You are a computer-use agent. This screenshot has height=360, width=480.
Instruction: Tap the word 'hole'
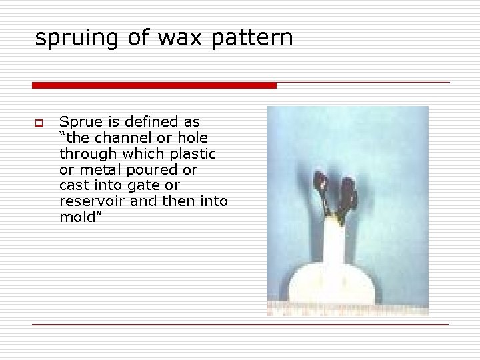coord(192,139)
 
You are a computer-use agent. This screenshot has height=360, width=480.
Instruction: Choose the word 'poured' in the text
coord(146,169)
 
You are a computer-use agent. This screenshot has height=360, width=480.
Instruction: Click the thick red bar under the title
coord(154,85)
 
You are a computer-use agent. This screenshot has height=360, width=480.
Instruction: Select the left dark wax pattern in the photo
coord(322,183)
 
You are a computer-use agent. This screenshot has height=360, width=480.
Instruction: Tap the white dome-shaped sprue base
coord(334,283)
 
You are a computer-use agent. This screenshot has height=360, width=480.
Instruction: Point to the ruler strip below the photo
coord(347,309)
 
